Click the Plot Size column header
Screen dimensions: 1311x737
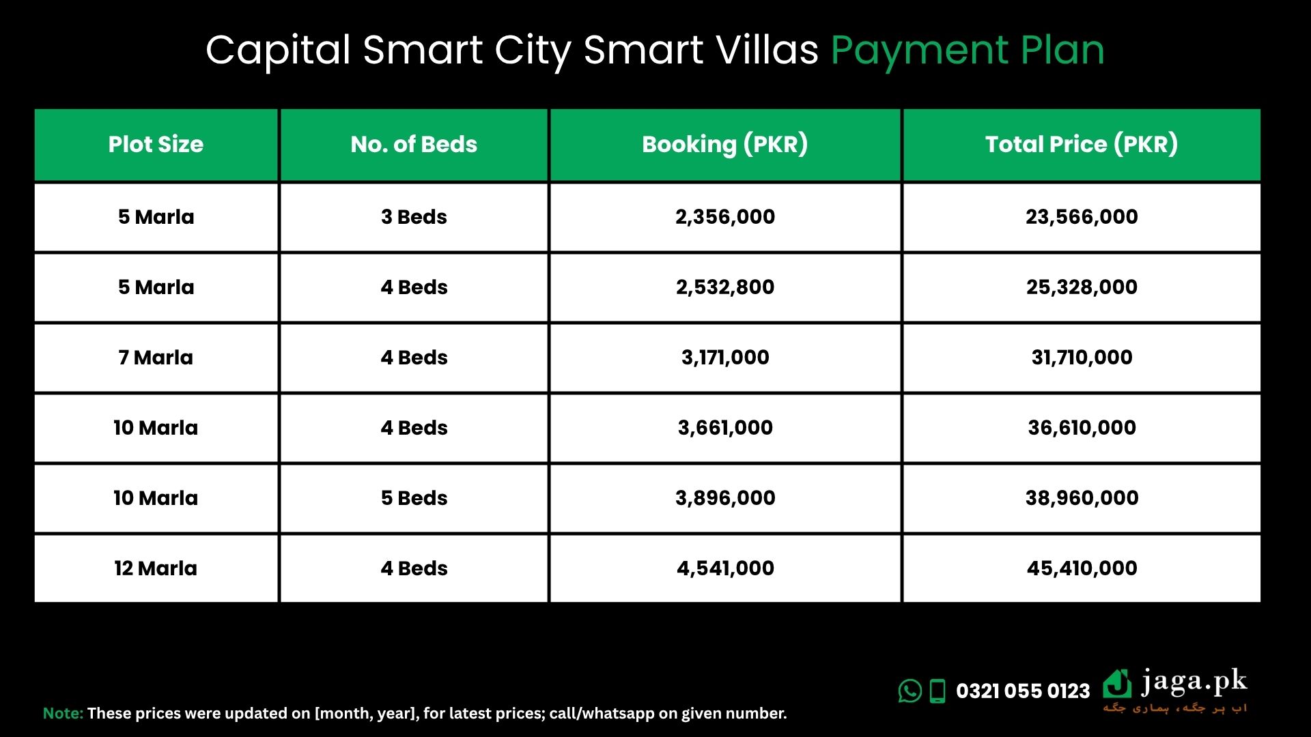click(x=156, y=144)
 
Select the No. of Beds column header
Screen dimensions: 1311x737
click(x=414, y=144)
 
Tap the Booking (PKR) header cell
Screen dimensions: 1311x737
click(x=725, y=144)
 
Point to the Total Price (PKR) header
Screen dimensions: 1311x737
click(x=1082, y=144)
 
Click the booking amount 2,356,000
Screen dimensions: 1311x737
click(x=725, y=217)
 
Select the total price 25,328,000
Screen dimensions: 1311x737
click(x=1082, y=287)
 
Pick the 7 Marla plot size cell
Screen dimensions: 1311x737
click(x=156, y=358)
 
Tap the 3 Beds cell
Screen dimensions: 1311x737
click(x=414, y=217)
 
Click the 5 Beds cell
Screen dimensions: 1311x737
click(x=414, y=498)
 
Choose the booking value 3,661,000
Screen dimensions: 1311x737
click(x=725, y=428)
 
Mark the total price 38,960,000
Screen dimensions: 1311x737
click(x=1082, y=498)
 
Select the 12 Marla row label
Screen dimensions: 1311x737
click(x=156, y=568)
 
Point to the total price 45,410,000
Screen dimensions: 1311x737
click(x=1082, y=568)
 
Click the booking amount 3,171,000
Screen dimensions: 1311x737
click(x=725, y=358)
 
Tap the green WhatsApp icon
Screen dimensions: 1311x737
click(x=910, y=691)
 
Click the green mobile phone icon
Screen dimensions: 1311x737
click(x=938, y=691)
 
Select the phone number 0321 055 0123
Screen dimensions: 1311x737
click(x=1023, y=691)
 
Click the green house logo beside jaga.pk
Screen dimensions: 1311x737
click(x=1117, y=684)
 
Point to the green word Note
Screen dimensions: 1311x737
click(x=63, y=713)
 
